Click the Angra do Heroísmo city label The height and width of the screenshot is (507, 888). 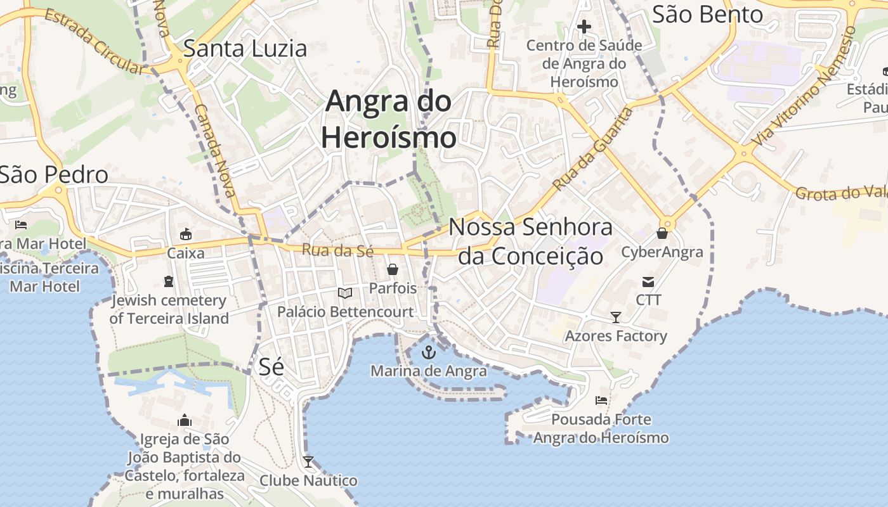(388, 119)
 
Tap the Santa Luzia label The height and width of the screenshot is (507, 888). (245, 49)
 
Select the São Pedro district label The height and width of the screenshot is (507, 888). (54, 174)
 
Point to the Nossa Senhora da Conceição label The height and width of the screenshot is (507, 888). (530, 241)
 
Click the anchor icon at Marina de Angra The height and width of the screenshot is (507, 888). (429, 352)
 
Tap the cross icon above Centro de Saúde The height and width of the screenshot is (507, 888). (584, 27)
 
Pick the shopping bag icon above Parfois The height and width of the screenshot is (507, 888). (393, 269)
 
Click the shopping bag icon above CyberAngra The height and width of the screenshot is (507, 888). (662, 233)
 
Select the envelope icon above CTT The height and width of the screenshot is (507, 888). (648, 282)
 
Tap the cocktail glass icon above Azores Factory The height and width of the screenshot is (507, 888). (615, 317)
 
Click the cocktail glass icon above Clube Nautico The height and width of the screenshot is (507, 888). (308, 462)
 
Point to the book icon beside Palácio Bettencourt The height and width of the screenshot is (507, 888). (344, 293)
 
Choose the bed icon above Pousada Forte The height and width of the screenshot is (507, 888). (601, 401)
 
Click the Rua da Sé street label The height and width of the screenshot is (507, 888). (337, 251)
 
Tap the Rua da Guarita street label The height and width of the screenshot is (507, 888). (592, 150)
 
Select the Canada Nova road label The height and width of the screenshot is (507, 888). (215, 150)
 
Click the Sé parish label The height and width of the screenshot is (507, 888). (271, 366)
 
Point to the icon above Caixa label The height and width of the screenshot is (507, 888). (186, 234)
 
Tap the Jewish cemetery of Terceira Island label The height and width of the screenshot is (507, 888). (168, 309)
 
